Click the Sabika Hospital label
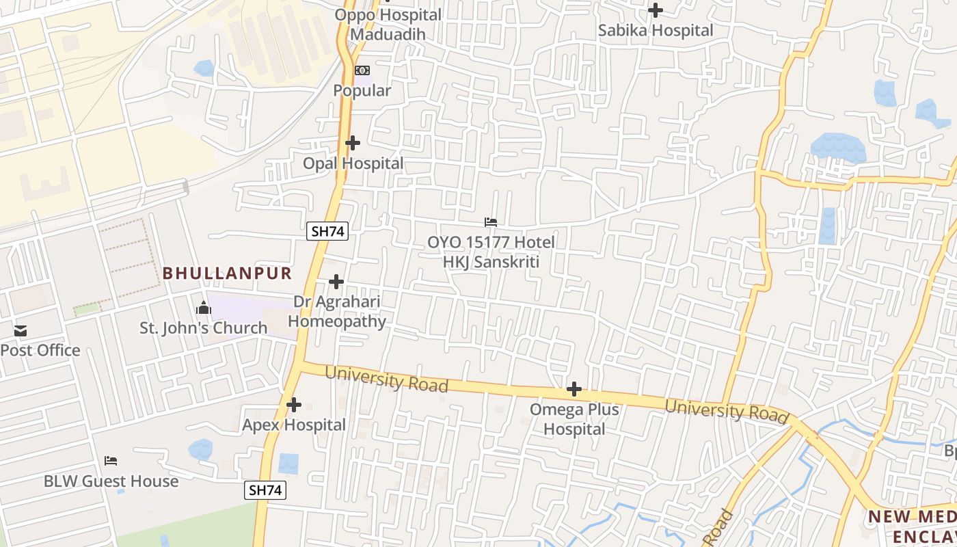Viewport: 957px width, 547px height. pos(656,31)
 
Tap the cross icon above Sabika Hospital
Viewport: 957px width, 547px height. pos(656,10)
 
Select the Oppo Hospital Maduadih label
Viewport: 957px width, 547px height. pos(388,25)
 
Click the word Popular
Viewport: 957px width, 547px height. pos(362,90)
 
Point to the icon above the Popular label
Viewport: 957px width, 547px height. pos(362,70)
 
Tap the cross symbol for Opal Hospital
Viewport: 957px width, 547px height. pos(353,143)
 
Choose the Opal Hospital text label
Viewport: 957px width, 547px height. pos(353,163)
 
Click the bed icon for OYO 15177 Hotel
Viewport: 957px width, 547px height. pos(491,222)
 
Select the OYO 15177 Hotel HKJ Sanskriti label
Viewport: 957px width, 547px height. pos(491,252)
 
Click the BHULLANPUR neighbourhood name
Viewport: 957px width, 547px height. pos(227,273)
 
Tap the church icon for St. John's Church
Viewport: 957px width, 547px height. pos(203,308)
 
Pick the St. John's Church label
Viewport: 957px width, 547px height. pos(204,328)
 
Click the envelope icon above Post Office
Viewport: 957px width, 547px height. pos(21,332)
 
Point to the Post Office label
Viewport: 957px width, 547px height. pos(40,351)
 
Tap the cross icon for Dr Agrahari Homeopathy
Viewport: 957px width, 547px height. pos(336,282)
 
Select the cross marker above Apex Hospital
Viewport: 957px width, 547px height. pos(294,405)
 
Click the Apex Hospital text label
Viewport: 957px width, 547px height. pos(294,425)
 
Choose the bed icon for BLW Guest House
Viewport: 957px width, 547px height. pos(111,461)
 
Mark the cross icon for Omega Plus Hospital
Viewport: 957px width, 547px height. pos(574,390)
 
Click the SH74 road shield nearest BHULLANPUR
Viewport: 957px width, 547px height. pos(327,231)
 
